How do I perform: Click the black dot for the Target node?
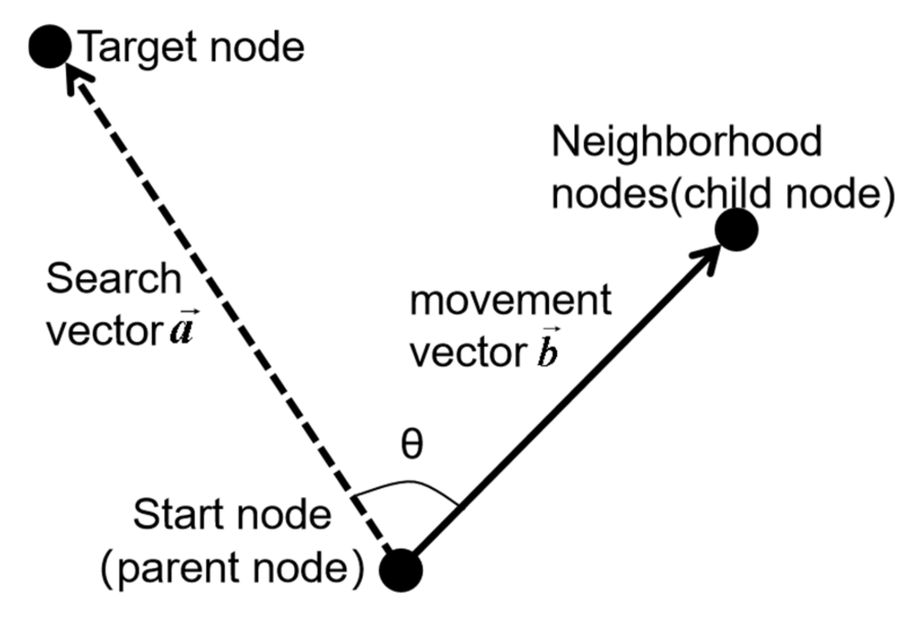[x=50, y=46]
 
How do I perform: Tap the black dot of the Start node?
[x=401, y=570]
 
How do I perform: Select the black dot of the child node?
[x=736, y=230]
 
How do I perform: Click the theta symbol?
[x=411, y=444]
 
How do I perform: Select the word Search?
[x=114, y=279]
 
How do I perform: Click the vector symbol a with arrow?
[x=182, y=328]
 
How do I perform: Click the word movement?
[x=510, y=301]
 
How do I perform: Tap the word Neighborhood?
[x=686, y=142]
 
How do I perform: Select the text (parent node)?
[x=232, y=568]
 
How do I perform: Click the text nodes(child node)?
[x=722, y=194]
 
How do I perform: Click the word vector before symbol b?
[x=468, y=353]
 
